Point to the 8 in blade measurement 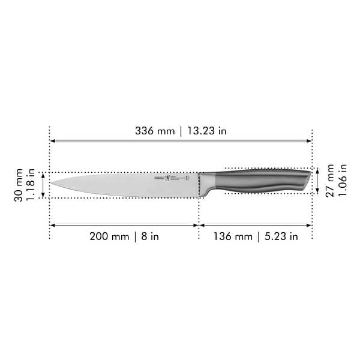pyautogui.click(x=150, y=236)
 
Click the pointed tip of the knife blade pyautogui.click(x=51, y=183)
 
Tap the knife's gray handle pyautogui.click(x=264, y=180)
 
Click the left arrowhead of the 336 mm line pyautogui.click(x=52, y=142)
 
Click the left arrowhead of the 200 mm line pyautogui.click(x=52, y=226)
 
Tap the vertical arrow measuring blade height pyautogui.click(x=43, y=185)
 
